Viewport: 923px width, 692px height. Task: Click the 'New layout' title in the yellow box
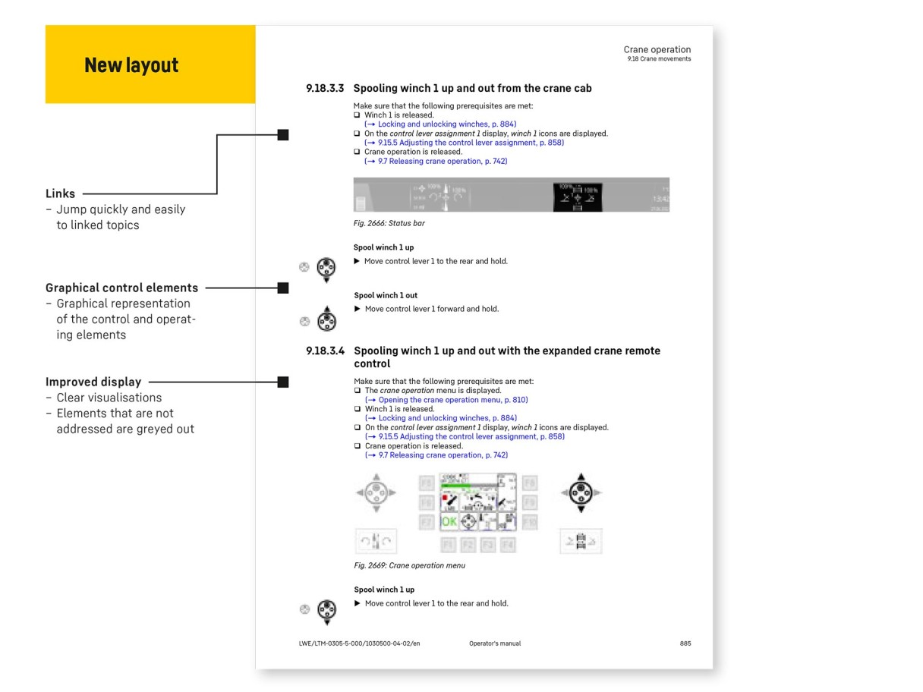(131, 65)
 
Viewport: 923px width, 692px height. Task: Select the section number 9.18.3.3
(325, 89)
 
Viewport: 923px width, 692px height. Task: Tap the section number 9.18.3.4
(325, 351)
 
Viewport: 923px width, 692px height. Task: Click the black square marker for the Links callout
(283, 135)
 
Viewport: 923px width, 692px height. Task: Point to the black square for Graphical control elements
(283, 288)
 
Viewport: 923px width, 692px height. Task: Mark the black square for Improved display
(283, 382)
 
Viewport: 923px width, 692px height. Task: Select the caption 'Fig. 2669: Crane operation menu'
(410, 566)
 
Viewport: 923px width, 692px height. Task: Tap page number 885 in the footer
(685, 644)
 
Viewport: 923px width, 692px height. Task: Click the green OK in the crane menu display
(449, 522)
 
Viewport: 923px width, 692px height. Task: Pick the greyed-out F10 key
(529, 521)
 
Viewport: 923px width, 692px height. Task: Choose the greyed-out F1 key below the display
(448, 545)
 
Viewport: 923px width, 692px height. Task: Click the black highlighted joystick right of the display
(581, 492)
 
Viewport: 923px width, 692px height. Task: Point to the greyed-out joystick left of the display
(376, 492)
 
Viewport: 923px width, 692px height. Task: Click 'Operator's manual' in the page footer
(495, 644)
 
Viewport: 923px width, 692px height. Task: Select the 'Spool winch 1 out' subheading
(386, 296)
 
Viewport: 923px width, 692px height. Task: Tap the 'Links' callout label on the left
(60, 193)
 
